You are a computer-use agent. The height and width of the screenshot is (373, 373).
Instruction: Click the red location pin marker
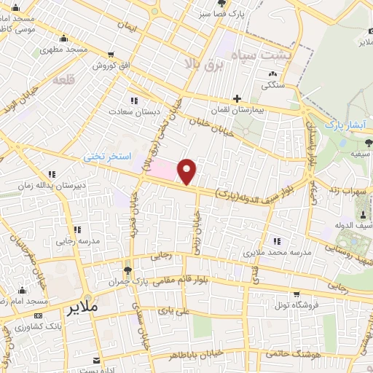coord(188,170)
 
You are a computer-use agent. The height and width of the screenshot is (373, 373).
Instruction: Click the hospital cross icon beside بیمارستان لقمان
coord(236,98)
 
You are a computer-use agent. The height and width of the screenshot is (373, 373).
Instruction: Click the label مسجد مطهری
coord(65,50)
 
